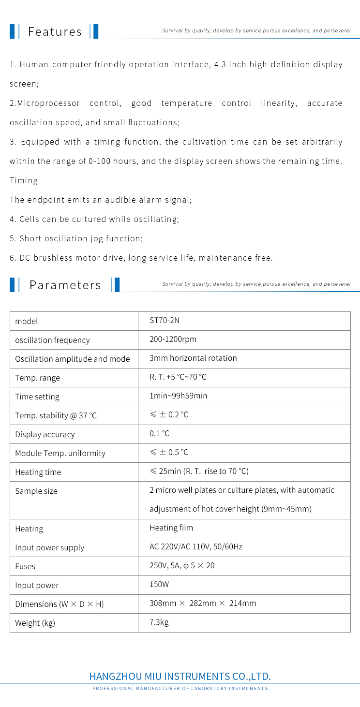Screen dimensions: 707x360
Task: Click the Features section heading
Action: click(x=55, y=31)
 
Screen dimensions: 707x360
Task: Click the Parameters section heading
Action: click(x=65, y=285)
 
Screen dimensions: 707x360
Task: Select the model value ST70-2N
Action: click(x=165, y=321)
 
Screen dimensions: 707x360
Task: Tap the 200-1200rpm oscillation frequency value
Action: click(x=173, y=339)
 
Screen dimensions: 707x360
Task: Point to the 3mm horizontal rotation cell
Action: click(x=193, y=358)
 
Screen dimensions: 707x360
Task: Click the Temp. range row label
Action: click(x=37, y=378)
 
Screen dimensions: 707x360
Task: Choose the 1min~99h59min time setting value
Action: click(x=178, y=396)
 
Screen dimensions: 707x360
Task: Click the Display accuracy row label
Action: click(x=45, y=434)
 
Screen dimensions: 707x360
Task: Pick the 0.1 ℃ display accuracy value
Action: click(x=159, y=434)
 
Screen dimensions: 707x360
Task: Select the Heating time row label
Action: click(x=38, y=472)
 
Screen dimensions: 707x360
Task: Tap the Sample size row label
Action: click(x=36, y=491)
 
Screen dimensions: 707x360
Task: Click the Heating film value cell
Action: click(x=171, y=528)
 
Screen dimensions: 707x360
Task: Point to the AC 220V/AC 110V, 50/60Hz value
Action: click(x=195, y=547)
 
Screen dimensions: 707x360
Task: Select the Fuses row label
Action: click(x=25, y=566)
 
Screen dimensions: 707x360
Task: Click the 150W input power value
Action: click(x=159, y=585)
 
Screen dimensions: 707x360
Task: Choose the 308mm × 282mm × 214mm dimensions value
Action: click(x=202, y=604)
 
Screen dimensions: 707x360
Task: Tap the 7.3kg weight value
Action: click(x=159, y=622)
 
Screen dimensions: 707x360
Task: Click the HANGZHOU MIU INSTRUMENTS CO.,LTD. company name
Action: click(x=180, y=676)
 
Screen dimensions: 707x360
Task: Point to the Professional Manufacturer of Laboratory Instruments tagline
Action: click(x=180, y=688)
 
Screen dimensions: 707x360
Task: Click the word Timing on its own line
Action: click(x=24, y=180)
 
